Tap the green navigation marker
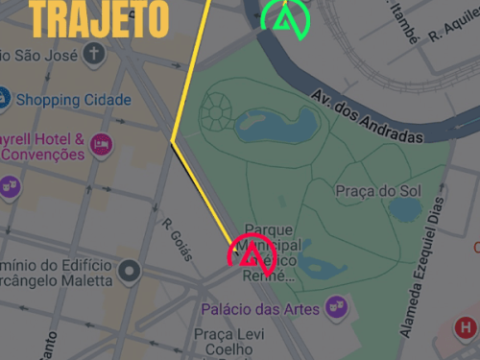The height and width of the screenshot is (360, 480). [285, 18]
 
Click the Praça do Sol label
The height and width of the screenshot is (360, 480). [379, 191]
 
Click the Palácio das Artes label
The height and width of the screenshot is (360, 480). [260, 309]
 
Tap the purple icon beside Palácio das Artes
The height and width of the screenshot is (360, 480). [337, 306]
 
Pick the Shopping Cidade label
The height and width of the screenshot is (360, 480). [73, 100]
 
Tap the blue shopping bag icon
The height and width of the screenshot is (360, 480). [4, 99]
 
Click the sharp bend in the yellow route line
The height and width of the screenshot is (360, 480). [173, 141]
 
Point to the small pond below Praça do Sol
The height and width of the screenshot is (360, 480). [404, 208]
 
